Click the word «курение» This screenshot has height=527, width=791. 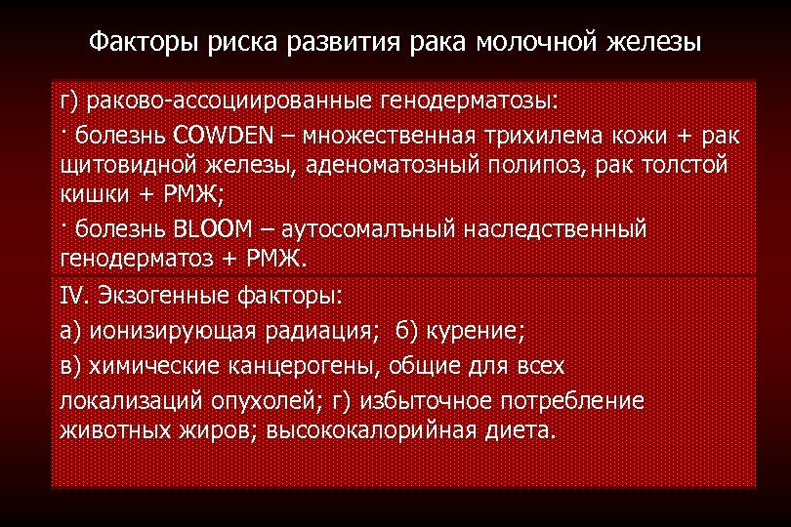[479, 330]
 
